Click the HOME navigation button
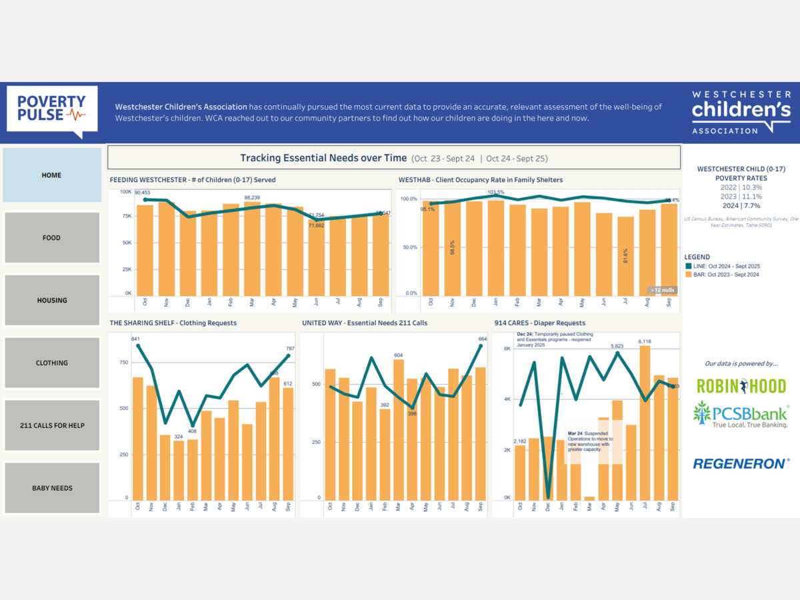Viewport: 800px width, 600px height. [x=52, y=175]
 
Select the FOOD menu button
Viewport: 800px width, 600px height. [x=52, y=238]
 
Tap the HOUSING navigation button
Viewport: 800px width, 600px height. [x=52, y=301]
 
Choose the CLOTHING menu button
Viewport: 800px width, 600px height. [x=52, y=363]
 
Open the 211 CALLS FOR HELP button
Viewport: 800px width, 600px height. [x=52, y=425]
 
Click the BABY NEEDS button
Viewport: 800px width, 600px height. [x=52, y=488]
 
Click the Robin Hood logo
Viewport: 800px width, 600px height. [x=741, y=386]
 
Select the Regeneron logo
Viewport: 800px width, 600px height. [x=741, y=463]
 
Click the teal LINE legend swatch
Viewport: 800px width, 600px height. [x=688, y=266]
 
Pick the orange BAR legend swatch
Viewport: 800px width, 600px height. [x=688, y=275]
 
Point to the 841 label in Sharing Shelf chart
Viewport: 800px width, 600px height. [x=136, y=339]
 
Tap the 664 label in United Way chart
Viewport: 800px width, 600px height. [x=483, y=339]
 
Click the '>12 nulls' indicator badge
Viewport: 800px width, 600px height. [x=663, y=290]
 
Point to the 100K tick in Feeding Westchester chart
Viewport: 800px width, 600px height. [x=125, y=192]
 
